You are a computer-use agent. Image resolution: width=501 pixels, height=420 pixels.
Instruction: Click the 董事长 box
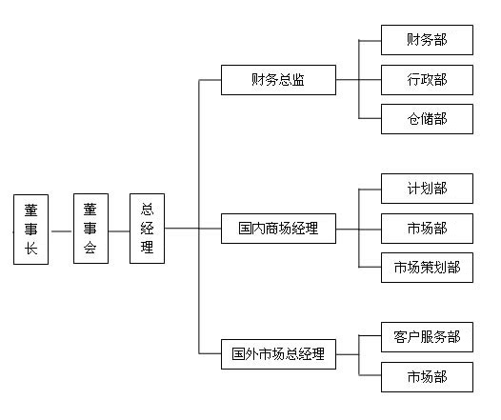click(31, 230)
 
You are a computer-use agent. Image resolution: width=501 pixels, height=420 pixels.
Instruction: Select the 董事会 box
click(90, 229)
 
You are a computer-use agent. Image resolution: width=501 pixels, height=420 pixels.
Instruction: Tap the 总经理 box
click(147, 229)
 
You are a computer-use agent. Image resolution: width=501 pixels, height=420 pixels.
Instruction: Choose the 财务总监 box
click(278, 80)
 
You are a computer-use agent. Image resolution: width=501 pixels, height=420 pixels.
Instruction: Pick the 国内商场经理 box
click(278, 229)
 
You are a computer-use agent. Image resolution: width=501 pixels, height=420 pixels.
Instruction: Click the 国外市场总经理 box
click(278, 354)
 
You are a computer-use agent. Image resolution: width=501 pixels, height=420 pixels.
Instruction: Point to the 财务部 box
click(427, 40)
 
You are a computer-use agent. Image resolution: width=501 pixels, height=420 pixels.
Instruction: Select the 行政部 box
click(427, 80)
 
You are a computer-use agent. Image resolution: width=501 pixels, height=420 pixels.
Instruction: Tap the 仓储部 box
click(427, 119)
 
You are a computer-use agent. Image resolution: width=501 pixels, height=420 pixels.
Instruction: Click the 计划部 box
click(427, 189)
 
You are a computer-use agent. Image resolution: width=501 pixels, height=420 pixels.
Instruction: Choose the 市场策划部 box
click(427, 268)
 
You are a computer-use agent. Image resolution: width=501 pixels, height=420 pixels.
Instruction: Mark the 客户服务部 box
click(427, 337)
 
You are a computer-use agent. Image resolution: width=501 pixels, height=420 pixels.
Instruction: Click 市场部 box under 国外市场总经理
click(427, 377)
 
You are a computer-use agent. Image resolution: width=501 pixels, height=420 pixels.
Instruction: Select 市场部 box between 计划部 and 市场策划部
click(427, 229)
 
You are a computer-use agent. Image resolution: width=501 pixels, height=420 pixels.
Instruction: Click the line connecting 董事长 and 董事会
click(61, 231)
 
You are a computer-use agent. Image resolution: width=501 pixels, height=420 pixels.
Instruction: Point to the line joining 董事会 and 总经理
click(119, 231)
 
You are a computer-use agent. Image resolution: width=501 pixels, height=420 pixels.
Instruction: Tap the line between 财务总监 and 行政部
click(358, 80)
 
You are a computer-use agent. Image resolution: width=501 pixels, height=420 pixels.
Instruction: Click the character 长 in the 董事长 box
click(31, 249)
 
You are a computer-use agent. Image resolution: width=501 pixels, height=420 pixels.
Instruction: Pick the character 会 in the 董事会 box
click(90, 247)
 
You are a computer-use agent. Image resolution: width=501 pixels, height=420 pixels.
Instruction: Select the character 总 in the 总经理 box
click(147, 210)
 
